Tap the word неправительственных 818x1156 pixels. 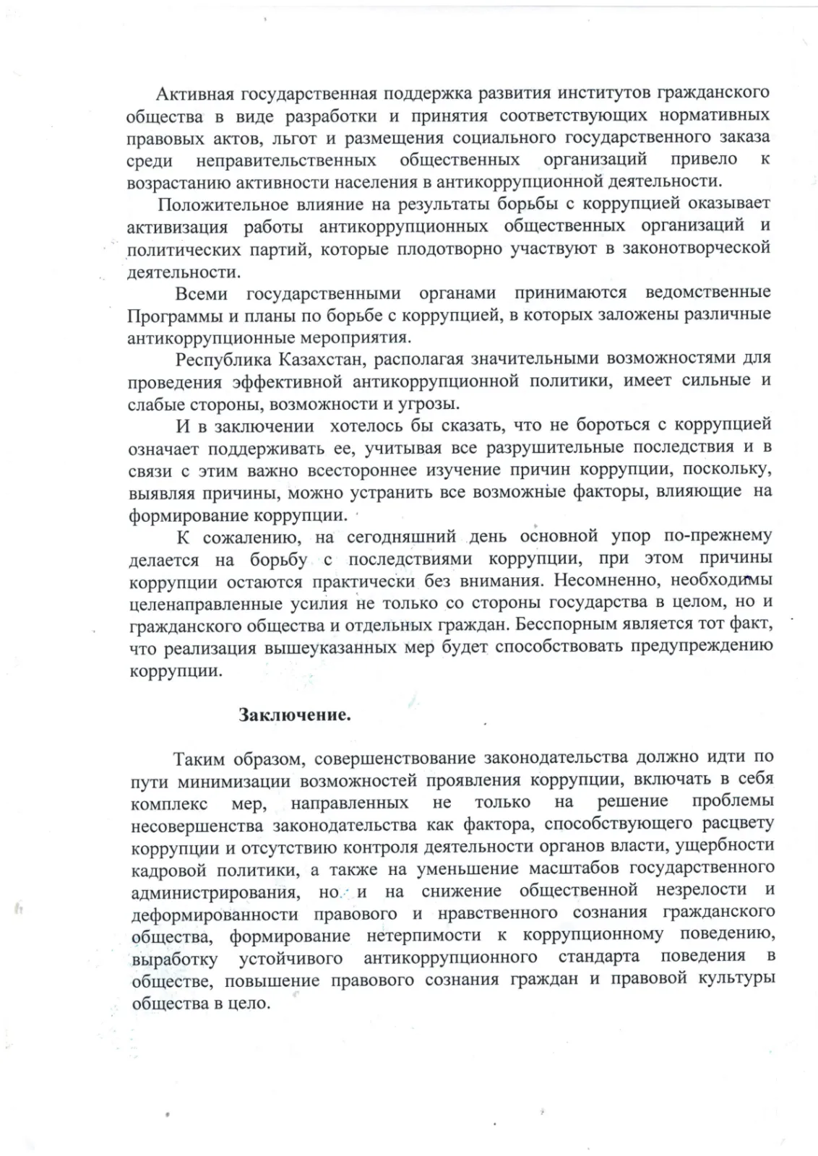tap(285, 160)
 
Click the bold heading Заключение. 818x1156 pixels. tap(295, 715)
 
